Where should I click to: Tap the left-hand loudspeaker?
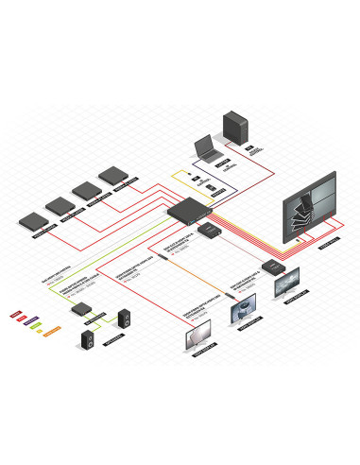pos(86,336)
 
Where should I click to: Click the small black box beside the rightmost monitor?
pos(274,266)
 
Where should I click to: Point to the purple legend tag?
pos(29,318)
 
